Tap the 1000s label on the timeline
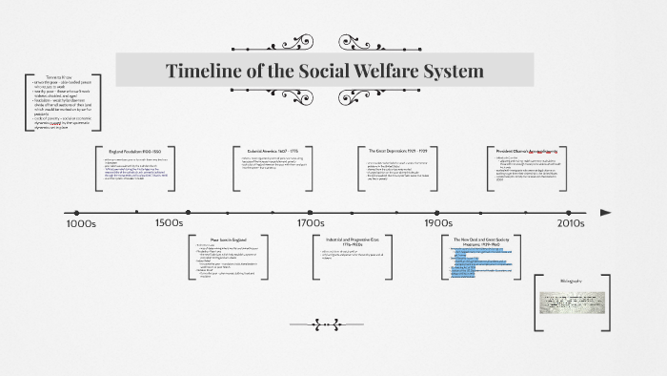tap(81, 223)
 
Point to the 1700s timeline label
tap(310, 223)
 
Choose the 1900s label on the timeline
tap(438, 223)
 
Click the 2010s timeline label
tap(570, 223)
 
